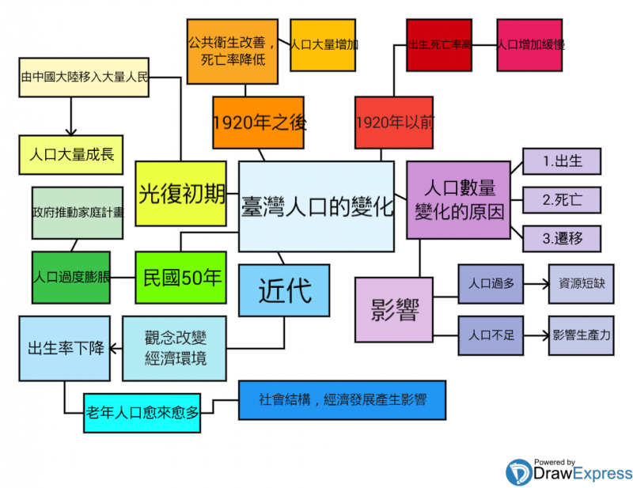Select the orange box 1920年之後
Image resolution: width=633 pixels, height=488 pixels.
coord(258,122)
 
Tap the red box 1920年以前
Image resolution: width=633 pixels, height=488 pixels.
coord(394,122)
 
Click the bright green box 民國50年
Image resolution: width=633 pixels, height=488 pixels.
coord(180,278)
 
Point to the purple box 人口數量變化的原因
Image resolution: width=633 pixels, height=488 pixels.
coord(458,199)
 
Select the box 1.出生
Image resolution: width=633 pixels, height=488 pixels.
coord(561,161)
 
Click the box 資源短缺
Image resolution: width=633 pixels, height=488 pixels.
coord(582,283)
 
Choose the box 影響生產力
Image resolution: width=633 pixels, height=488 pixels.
coord(582,335)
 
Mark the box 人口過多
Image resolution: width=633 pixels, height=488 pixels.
coord(491,283)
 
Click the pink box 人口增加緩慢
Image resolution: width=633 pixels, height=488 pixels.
coord(530,45)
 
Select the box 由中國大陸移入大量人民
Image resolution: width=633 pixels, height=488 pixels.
coord(84,78)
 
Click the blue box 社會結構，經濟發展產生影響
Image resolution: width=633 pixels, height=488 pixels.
coord(342,400)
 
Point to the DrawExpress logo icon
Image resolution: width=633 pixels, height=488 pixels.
coord(519,472)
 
